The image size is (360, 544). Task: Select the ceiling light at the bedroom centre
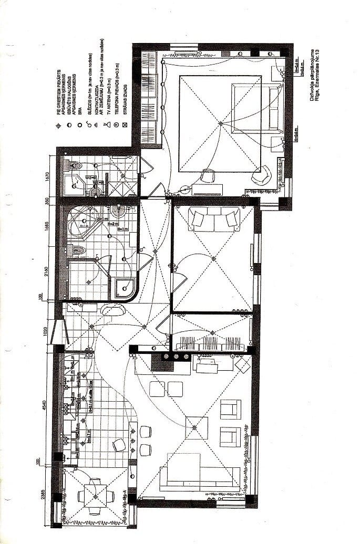[x=220, y=123]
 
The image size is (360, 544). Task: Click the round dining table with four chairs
[x=95, y=496]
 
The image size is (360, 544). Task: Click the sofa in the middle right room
[x=214, y=218]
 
